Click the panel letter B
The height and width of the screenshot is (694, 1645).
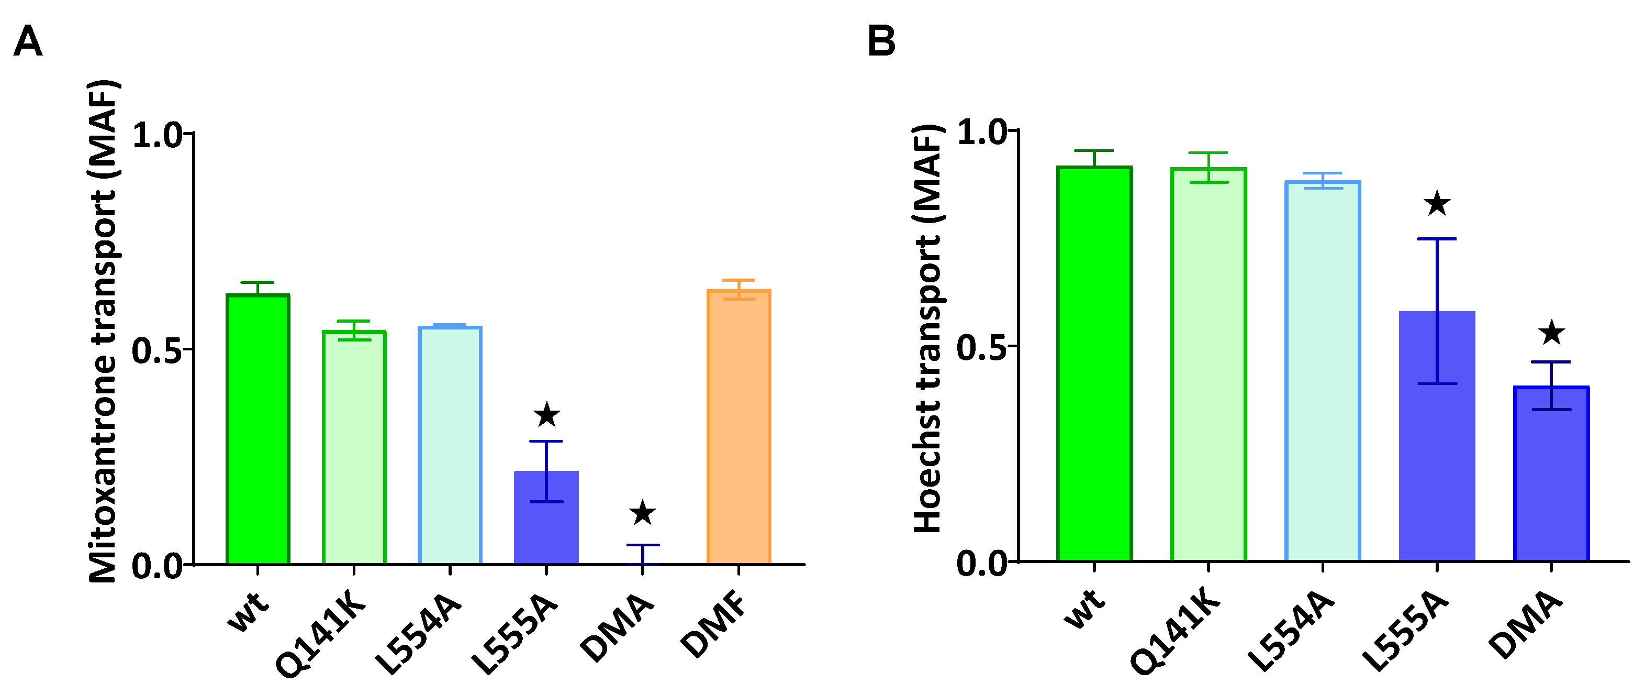[x=881, y=42]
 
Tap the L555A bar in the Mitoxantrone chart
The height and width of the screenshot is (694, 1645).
[x=546, y=517]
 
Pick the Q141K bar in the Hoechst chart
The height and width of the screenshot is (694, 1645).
[x=1208, y=364]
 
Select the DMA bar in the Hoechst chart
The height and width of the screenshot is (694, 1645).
[x=1550, y=473]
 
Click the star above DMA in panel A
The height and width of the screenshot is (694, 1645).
[x=642, y=513]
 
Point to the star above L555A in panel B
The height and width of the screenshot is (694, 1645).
[x=1437, y=204]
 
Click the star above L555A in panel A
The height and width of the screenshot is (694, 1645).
[x=546, y=415]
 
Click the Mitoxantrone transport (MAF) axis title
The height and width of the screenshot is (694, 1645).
[x=104, y=332]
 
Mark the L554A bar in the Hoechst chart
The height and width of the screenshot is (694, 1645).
[x=1322, y=371]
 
